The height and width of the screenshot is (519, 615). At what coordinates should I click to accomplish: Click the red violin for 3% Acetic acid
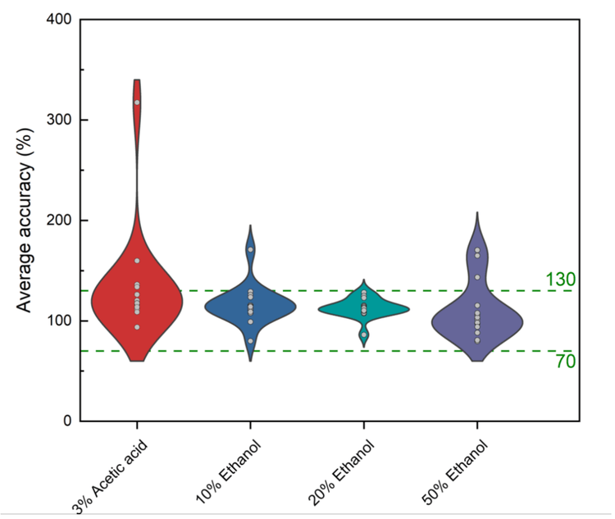tap(137, 303)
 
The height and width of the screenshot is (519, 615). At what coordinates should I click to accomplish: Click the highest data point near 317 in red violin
tap(137, 102)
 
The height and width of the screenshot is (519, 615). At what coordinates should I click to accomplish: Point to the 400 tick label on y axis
tap(57, 19)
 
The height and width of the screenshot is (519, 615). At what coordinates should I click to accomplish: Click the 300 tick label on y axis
tap(57, 120)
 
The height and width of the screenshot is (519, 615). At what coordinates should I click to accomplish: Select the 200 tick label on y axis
tap(57, 221)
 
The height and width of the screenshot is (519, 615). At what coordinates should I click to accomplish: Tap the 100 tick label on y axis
tap(57, 321)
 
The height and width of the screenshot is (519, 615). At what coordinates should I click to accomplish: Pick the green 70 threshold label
tap(565, 361)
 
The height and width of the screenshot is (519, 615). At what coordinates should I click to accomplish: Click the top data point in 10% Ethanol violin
tap(250, 249)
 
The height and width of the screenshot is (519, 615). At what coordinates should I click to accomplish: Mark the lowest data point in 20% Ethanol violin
tap(364, 335)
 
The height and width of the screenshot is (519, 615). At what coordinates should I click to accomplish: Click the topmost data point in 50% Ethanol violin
tap(477, 250)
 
